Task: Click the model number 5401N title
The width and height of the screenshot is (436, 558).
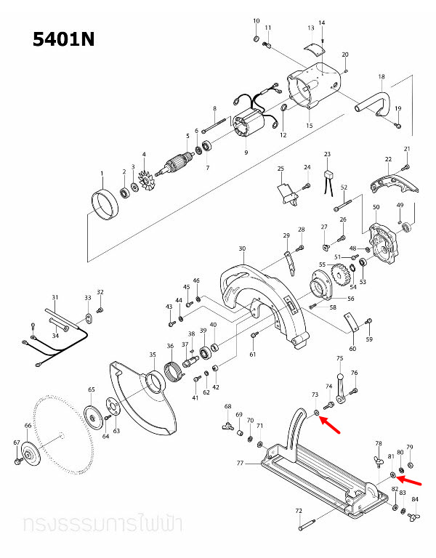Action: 64,39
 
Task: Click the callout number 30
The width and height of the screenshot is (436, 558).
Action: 241,248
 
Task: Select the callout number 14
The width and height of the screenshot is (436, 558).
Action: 322,23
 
